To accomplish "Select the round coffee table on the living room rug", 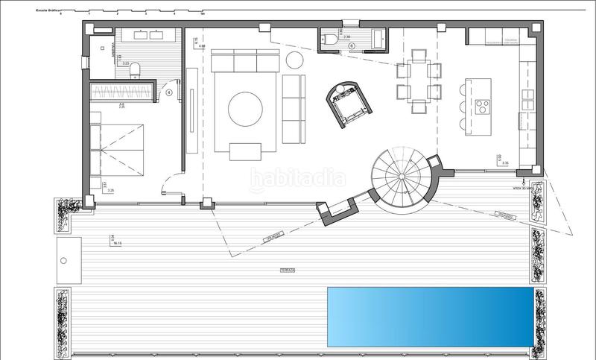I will [x=245, y=110].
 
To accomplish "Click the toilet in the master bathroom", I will [x=135, y=70].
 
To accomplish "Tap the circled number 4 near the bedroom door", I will [x=169, y=93].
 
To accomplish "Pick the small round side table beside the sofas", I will [x=295, y=60].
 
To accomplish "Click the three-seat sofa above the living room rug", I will [x=245, y=60].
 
